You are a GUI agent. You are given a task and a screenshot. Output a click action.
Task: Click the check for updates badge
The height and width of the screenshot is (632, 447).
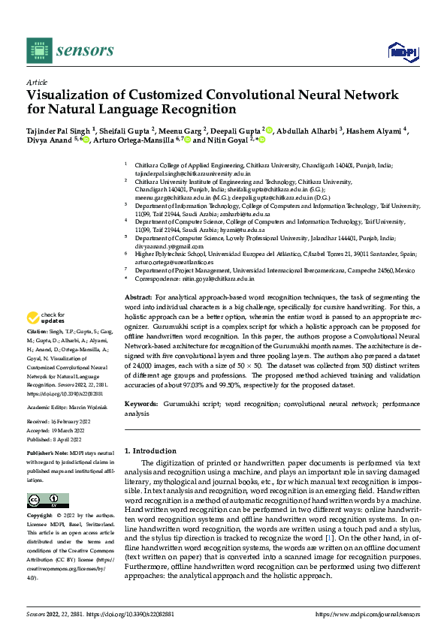44,339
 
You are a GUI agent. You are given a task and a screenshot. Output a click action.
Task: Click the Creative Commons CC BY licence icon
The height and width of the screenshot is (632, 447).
47,501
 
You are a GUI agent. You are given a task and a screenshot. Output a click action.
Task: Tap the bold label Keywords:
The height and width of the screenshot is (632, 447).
140,404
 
